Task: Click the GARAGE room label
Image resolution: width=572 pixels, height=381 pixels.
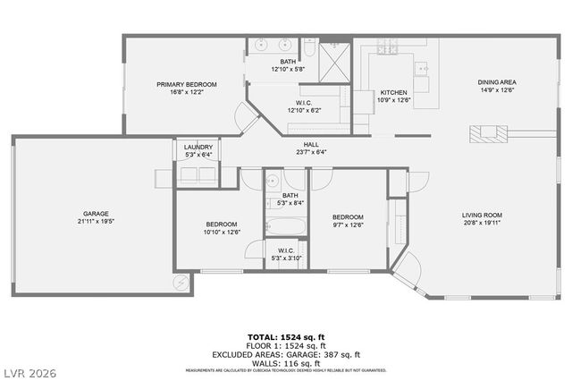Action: point(96,214)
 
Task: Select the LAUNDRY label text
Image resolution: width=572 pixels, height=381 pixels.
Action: point(198,148)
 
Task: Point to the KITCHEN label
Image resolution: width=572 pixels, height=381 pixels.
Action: point(394,93)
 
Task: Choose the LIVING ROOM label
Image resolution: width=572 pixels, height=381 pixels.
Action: point(482,215)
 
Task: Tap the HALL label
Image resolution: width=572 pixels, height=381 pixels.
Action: point(311,144)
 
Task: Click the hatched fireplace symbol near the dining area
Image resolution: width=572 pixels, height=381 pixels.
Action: point(488,133)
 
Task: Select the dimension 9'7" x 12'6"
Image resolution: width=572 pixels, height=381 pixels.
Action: point(349,224)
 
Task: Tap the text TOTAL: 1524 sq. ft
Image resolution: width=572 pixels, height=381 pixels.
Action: point(286,335)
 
